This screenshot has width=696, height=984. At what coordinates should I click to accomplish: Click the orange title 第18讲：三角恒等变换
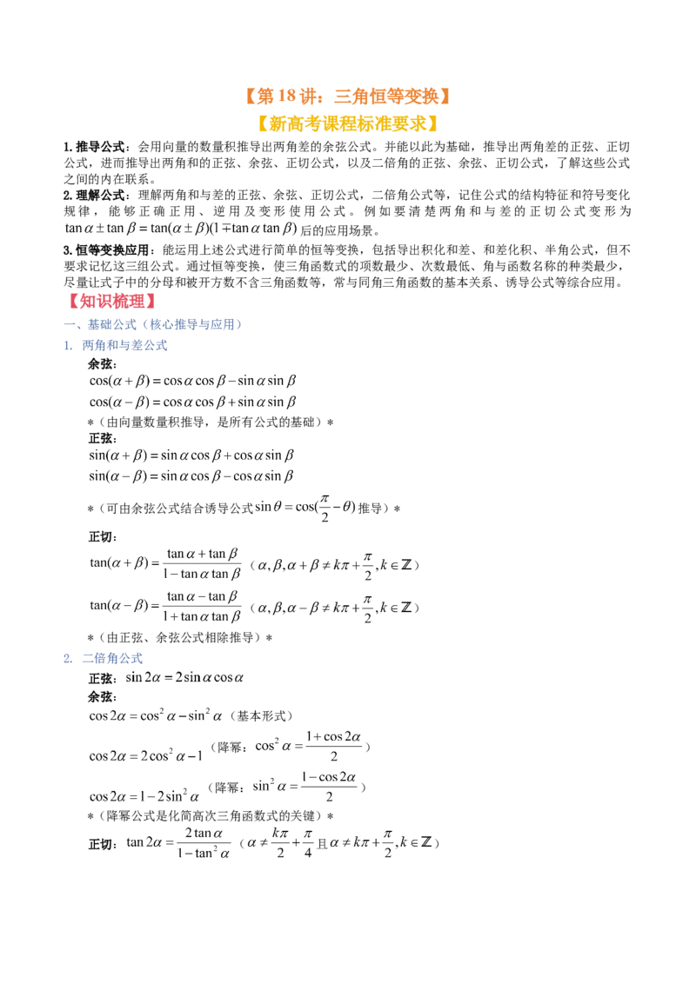pos(348,96)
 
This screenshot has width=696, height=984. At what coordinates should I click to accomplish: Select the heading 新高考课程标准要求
pos(347,123)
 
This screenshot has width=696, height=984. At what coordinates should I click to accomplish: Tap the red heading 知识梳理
pos(112,302)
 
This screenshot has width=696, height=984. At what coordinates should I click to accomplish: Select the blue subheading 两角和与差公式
pos(124,345)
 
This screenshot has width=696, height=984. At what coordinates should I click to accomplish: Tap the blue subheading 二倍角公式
pos(112,658)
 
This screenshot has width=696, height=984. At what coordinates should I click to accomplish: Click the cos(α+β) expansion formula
pos(192,381)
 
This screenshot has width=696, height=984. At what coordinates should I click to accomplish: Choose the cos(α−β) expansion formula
pos(192,402)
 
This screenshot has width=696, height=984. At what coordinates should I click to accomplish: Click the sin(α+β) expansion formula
pos(191,455)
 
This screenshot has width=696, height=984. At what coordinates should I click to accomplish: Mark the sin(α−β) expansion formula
pos(191,475)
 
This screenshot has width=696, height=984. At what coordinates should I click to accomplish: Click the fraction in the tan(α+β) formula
pos(202,563)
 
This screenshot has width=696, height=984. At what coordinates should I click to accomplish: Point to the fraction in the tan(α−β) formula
pos(202,606)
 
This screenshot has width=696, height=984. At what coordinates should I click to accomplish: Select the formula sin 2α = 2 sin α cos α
pos(184,678)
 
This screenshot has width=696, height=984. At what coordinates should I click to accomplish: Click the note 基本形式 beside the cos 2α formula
pos(264,716)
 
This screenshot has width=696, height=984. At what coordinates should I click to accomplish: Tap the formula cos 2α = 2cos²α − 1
pos(146,755)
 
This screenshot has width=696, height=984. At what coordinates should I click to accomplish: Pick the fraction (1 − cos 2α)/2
pos(329,787)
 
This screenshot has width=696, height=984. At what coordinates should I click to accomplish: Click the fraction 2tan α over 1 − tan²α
pos(204,843)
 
